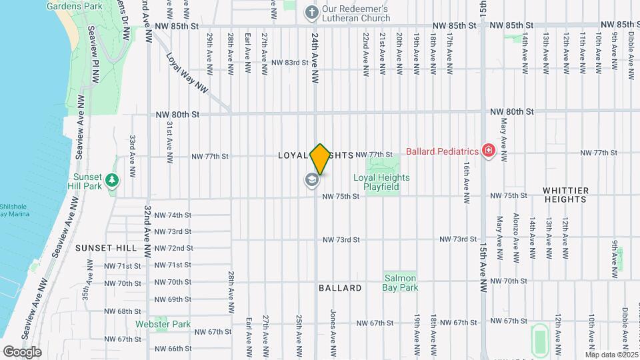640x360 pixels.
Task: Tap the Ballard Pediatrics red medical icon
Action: [x=489, y=151]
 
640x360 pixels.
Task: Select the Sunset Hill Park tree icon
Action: [x=113, y=181]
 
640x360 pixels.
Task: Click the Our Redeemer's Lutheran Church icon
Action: [x=311, y=11]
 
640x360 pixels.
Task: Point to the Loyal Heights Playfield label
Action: [x=381, y=182]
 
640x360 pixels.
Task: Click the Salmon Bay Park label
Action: [x=399, y=283]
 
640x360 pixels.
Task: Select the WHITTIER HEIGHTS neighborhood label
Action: [x=566, y=195]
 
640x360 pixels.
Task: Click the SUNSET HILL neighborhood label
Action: [x=106, y=248]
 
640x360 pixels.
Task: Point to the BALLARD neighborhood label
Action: [x=340, y=288]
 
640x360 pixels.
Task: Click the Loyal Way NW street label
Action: [x=187, y=73]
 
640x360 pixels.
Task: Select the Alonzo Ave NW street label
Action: [x=516, y=239]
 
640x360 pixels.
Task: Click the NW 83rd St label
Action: [x=290, y=63]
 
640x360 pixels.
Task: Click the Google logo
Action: [x=22, y=352]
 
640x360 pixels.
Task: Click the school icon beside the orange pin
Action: [x=311, y=179]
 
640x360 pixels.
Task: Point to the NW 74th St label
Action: [x=173, y=215]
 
